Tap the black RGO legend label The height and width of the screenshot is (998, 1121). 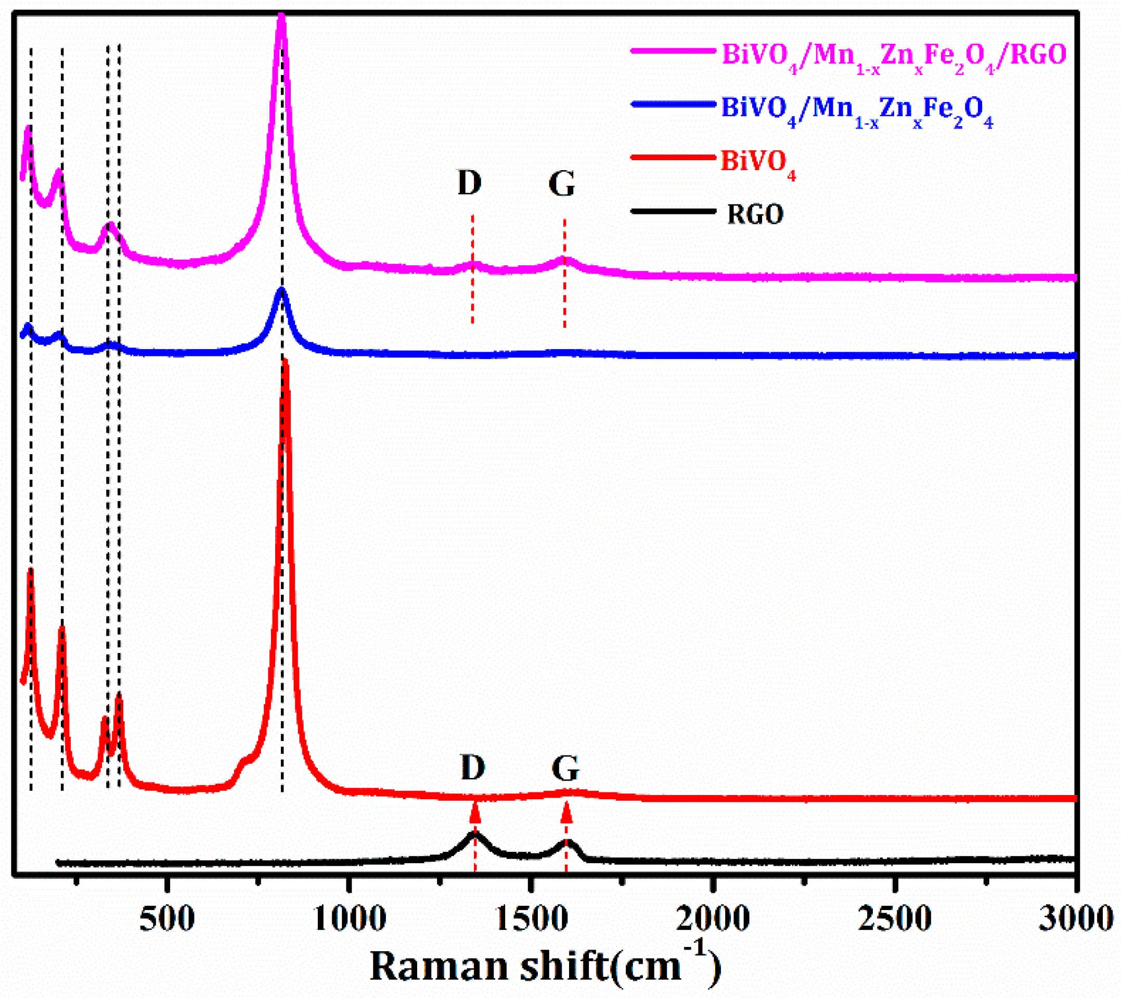click(755, 214)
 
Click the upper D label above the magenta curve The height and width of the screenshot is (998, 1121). click(469, 183)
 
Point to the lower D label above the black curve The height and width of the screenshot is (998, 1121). click(473, 766)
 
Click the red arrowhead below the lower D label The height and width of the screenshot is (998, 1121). click(475, 813)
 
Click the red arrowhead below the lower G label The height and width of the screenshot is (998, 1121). click(567, 813)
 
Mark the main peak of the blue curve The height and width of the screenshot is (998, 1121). click(282, 290)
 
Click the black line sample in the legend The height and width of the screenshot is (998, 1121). click(674, 211)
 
